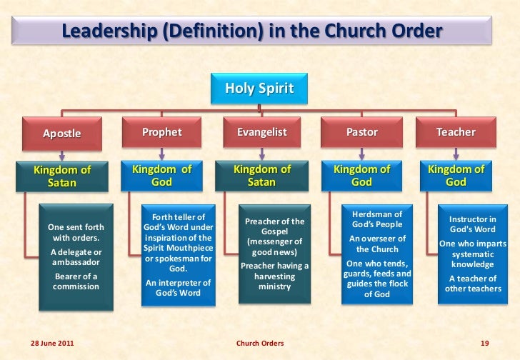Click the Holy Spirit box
pos(259,89)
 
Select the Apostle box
pos(62,133)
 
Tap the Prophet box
pos(162,132)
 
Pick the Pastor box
pos(361,132)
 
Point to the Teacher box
pos(455,132)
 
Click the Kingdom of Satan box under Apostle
pos(62,176)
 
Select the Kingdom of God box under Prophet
pos(162,176)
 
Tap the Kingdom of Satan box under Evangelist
pos(261,176)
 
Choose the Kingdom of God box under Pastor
pos(361,176)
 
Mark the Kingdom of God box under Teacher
pos(455,176)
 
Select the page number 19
pos(484,344)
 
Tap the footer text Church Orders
pos(260,344)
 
